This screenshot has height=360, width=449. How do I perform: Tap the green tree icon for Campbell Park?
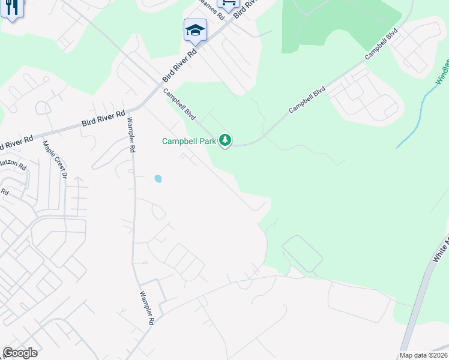[x=225, y=141]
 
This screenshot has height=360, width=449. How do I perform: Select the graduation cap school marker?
[x=195, y=31]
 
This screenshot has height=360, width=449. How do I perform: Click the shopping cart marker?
[x=228, y=4]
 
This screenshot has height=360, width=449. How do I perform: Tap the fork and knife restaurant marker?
[x=11, y=8]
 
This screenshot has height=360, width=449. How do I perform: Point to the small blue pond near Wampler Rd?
[x=158, y=178]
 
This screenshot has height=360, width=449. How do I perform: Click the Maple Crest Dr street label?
[x=53, y=160]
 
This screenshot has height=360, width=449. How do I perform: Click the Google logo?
[x=20, y=353]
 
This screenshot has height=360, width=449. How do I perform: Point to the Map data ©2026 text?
[x=423, y=355]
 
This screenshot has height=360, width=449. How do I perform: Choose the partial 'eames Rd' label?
[x=209, y=4]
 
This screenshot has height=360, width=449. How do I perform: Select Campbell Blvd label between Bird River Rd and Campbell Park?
[x=179, y=103]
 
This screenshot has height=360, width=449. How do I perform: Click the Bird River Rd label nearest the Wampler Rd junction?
[x=103, y=120]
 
